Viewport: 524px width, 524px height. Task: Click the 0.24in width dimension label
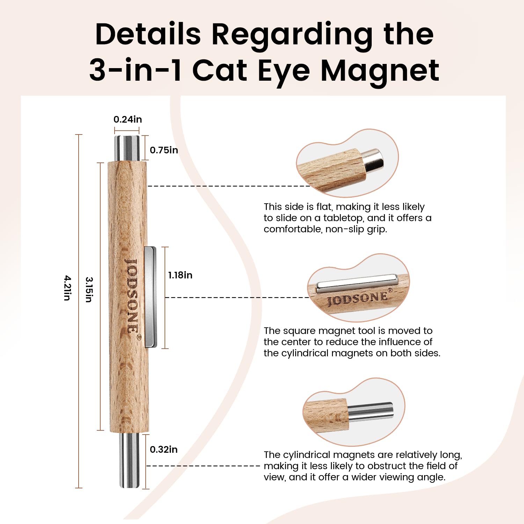point(128,119)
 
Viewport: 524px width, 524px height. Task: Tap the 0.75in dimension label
point(164,150)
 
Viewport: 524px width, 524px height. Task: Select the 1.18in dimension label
point(180,275)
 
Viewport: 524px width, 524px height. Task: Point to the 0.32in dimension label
point(163,450)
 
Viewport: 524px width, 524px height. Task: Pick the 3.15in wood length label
point(89,290)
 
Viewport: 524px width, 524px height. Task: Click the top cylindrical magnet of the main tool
point(127,148)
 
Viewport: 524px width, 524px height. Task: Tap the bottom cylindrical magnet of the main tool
point(129,460)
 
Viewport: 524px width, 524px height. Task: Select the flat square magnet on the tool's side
point(151,297)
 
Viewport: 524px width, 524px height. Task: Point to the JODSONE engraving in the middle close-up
point(358,298)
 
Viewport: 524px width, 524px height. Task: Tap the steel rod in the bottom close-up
point(370,411)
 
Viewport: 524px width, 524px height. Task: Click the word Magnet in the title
point(380,71)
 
